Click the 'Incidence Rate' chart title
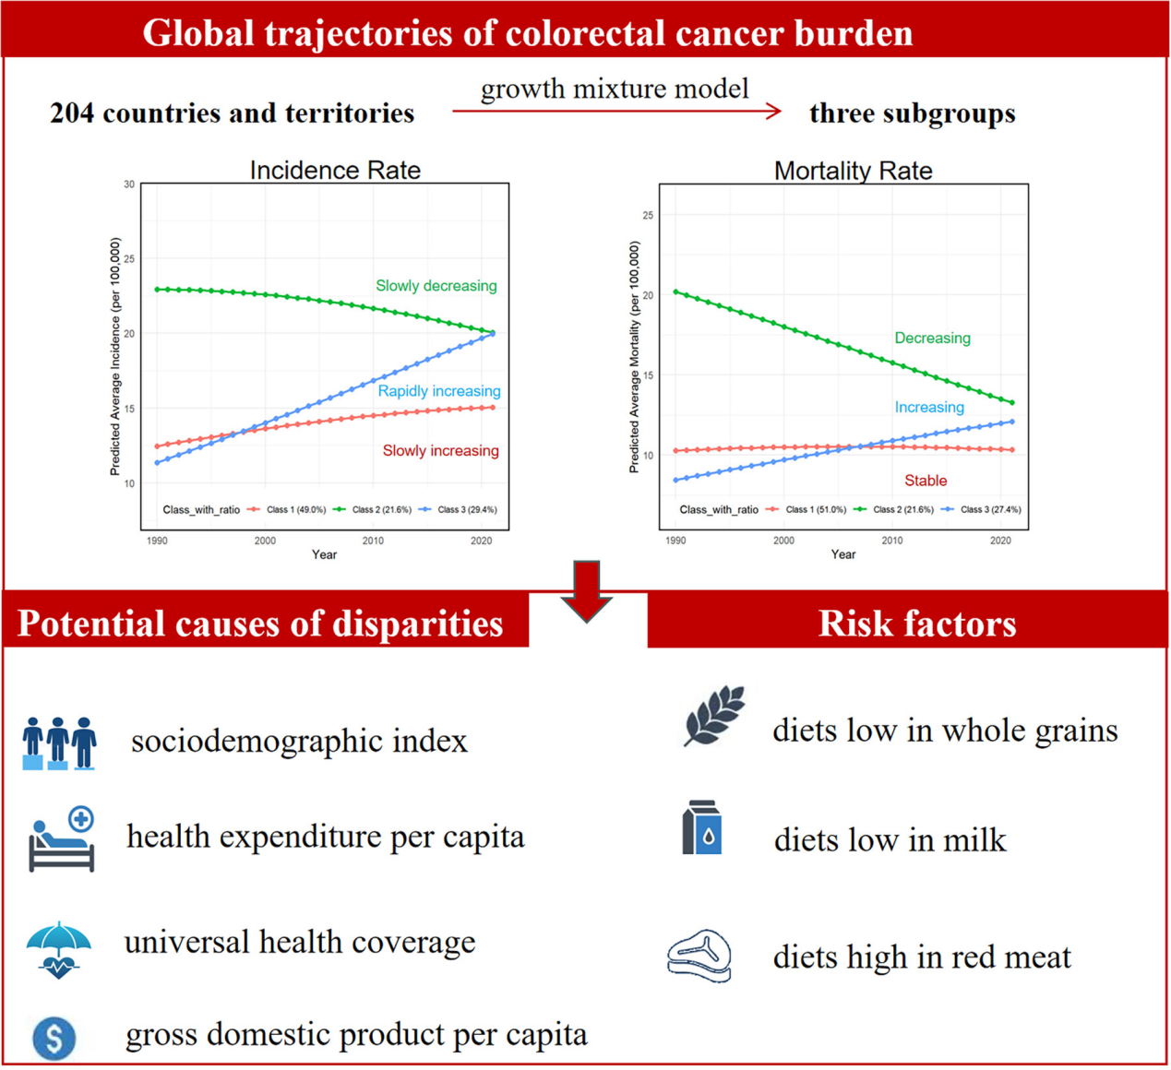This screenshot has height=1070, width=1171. click(x=335, y=171)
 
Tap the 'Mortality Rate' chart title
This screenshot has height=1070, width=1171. click(x=853, y=171)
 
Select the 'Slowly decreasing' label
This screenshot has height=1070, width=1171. click(x=436, y=286)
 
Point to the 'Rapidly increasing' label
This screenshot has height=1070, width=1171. click(x=438, y=391)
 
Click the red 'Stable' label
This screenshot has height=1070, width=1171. click(x=926, y=481)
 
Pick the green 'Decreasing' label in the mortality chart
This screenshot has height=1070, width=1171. click(x=932, y=339)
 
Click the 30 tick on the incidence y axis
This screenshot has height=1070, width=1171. click(x=129, y=184)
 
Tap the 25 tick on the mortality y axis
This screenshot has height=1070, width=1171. click(x=648, y=216)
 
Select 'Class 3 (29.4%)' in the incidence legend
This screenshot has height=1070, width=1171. click(x=467, y=509)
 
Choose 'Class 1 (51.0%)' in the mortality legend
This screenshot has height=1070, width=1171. click(x=816, y=509)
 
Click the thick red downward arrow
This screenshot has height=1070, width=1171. click(x=587, y=591)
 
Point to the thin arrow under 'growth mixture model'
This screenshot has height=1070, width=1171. click(x=616, y=112)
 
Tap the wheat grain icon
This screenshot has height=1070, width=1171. click(x=713, y=715)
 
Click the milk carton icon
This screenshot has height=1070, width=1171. click(x=701, y=827)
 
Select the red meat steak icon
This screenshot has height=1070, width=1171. click(x=699, y=956)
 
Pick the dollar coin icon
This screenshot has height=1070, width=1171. click(x=54, y=1038)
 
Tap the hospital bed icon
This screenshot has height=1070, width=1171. click(x=62, y=839)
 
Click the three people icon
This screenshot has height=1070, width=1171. click(x=60, y=743)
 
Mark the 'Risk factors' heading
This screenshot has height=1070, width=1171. click(x=917, y=624)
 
